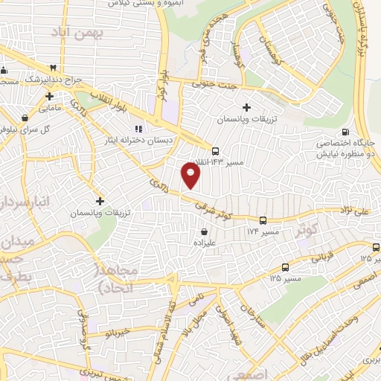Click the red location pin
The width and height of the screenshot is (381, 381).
tap(191, 175)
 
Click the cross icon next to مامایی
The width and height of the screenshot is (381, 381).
tap(49, 97)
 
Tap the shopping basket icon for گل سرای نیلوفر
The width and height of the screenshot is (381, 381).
tap(26, 117)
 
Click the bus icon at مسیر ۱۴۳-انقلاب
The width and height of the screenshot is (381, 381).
tap(215, 150)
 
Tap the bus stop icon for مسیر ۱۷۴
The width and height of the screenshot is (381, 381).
tap(263, 220)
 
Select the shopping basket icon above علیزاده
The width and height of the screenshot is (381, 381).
tap(204, 232)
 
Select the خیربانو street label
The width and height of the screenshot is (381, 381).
tap(115, 330)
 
